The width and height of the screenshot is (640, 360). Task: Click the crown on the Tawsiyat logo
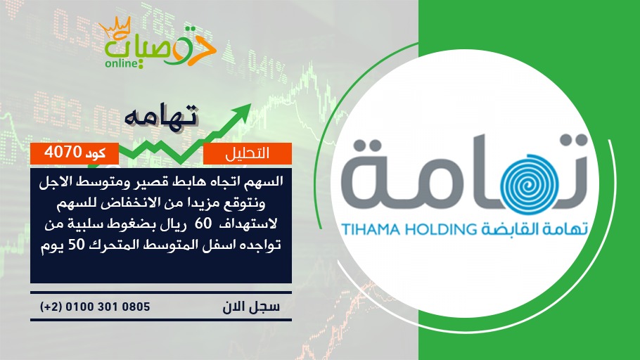coord(115,27)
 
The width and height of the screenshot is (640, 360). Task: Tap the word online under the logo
coord(120,63)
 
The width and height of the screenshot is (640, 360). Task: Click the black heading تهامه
coord(161,115)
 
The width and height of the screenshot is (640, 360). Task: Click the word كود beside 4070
coord(96,153)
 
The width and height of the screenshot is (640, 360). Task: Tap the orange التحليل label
coord(248,153)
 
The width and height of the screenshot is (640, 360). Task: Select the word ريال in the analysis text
coord(176,224)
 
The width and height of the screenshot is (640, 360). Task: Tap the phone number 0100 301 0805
coord(108,307)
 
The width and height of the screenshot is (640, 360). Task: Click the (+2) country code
coord(51,307)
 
